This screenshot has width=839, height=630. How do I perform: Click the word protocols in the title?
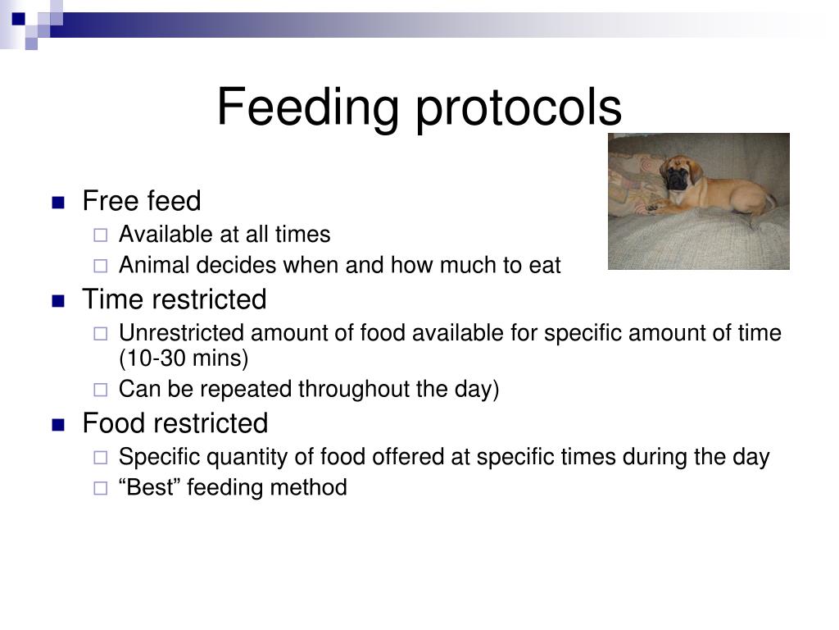point(519,107)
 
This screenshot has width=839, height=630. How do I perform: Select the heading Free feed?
point(141,201)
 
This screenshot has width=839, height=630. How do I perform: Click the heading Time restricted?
point(174,299)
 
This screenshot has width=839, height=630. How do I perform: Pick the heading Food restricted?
point(175,423)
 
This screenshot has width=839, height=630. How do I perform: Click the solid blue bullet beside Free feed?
point(58,203)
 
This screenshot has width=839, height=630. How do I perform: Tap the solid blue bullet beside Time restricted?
point(58,301)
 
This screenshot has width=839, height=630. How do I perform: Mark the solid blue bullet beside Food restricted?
point(58,425)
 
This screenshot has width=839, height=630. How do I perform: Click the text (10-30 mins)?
point(183,358)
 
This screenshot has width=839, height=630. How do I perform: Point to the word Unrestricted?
point(181,333)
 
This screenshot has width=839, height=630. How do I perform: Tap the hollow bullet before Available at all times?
point(100,235)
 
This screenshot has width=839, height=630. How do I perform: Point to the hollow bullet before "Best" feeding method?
point(100,489)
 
